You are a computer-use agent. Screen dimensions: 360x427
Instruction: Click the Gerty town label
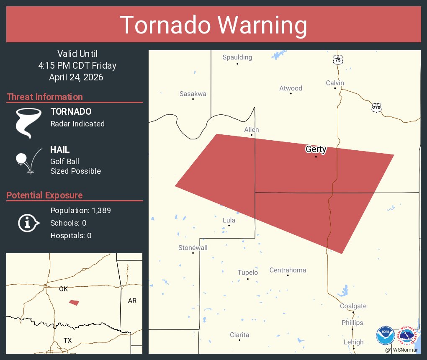316,149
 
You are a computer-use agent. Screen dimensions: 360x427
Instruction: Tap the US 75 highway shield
338,60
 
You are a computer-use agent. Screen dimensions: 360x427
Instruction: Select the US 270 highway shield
376,108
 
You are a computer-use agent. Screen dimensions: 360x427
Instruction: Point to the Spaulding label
237,57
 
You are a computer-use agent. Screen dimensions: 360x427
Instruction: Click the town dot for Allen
252,135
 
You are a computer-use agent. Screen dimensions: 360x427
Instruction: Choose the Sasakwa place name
193,94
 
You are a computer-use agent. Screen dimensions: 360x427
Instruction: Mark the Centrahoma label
288,270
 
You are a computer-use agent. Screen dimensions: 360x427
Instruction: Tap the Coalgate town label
353,306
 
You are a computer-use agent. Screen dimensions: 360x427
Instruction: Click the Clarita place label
239,335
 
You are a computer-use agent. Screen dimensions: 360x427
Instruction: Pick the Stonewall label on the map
193,248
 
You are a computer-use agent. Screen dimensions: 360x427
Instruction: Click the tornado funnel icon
28,123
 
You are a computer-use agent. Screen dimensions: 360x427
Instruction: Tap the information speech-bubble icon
28,223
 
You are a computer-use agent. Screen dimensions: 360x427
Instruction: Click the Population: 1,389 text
80,211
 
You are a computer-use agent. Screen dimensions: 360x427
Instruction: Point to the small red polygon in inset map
74,302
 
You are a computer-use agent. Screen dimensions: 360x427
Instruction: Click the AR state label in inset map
132,301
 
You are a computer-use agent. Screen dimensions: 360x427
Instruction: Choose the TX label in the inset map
67,340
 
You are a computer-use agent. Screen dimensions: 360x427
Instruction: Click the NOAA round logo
385,335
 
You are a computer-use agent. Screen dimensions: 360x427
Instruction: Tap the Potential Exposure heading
44,195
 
